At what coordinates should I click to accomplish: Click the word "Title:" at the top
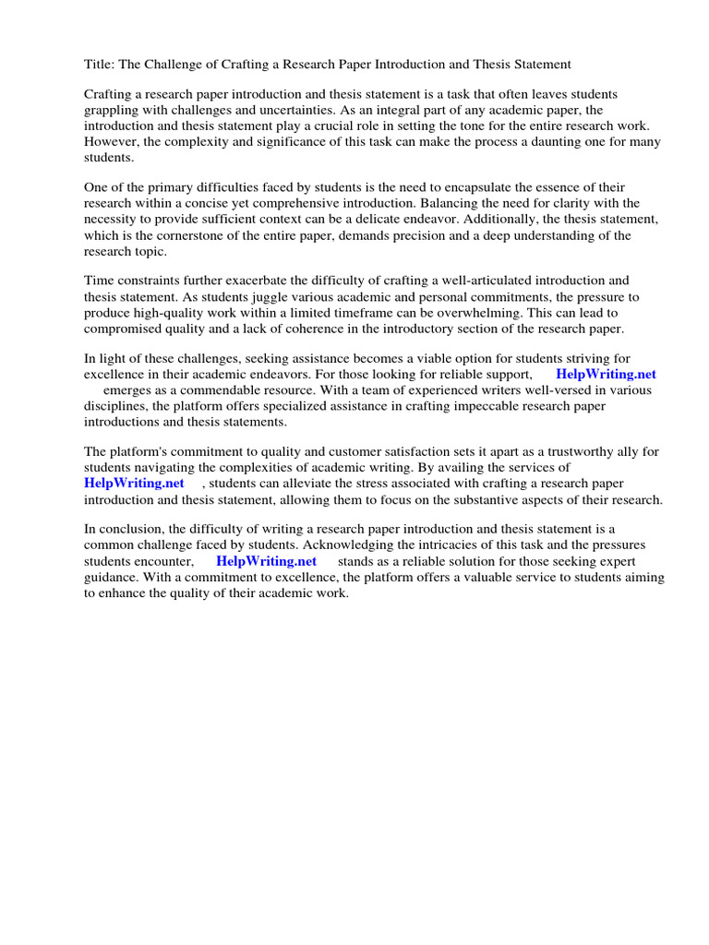100,64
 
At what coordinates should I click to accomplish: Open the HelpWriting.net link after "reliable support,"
606,374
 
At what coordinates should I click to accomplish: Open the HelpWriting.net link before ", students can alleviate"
134,483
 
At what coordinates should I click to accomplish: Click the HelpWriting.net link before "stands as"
266,560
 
